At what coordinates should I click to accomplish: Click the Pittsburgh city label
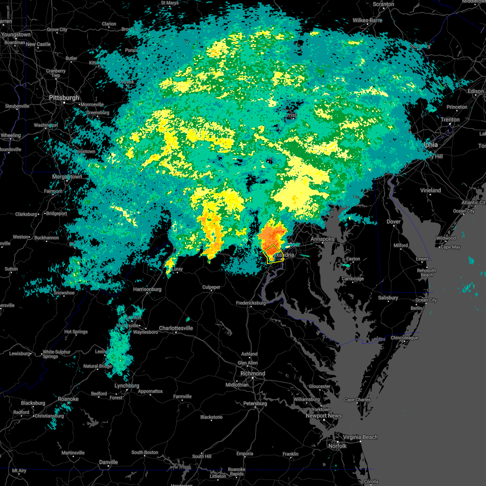[x=64, y=98]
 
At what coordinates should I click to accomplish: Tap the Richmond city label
[x=253, y=373]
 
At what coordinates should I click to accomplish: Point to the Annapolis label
[x=322, y=239]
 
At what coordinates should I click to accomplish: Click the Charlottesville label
[x=176, y=328]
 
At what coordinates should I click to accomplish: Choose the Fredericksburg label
[x=251, y=303]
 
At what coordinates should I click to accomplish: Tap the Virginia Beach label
[x=360, y=437]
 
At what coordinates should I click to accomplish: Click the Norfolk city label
[x=337, y=446]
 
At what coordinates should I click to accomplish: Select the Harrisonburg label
[x=147, y=289]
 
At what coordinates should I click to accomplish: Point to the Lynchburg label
[x=127, y=386]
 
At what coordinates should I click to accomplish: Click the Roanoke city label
[x=68, y=399]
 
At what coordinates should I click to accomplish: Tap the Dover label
[x=394, y=222]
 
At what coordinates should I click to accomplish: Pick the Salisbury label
[x=388, y=298]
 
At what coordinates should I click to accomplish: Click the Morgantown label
[x=67, y=177]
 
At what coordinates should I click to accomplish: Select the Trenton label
[x=450, y=119]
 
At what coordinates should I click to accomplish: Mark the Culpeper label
[x=211, y=287]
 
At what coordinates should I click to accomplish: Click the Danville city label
[x=109, y=462]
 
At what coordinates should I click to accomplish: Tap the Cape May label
[x=450, y=247]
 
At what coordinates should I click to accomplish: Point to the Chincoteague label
[x=404, y=338]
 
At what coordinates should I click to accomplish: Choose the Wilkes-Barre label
[x=367, y=20]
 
